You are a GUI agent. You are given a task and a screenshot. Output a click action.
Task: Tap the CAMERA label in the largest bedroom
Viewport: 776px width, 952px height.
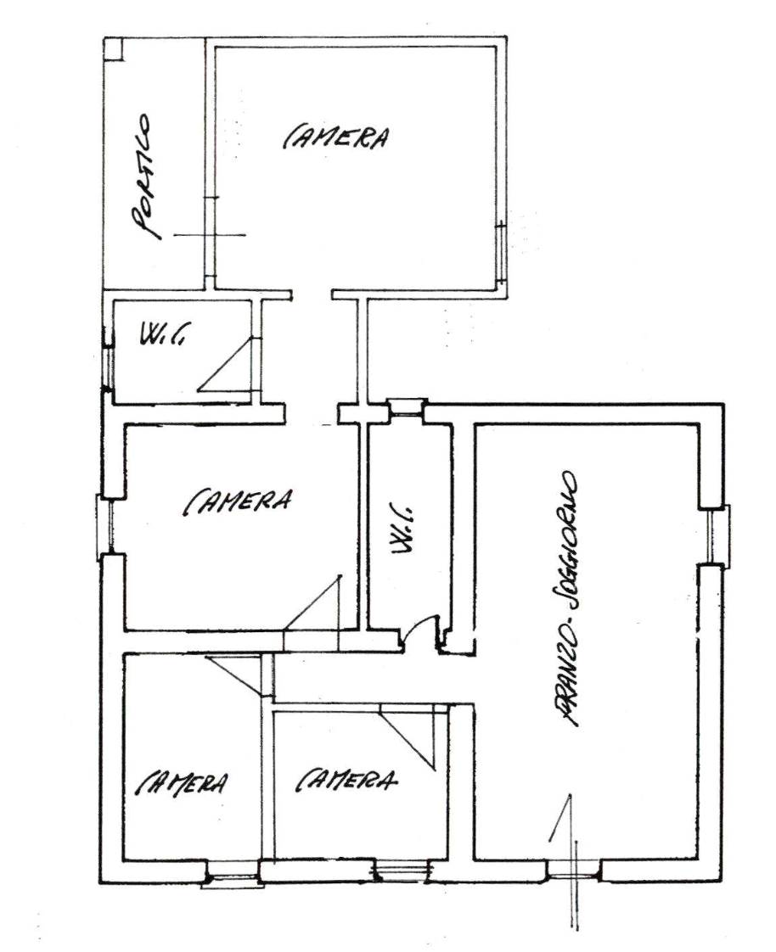(335, 137)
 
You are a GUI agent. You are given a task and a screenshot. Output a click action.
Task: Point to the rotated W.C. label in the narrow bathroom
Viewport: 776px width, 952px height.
(402, 528)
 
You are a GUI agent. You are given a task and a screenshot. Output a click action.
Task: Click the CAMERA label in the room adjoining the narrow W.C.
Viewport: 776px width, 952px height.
(238, 501)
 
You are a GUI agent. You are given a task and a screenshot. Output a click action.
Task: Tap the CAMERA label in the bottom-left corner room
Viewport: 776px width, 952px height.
(183, 783)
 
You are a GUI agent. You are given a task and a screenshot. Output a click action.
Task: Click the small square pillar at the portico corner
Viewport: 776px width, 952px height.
(113, 48)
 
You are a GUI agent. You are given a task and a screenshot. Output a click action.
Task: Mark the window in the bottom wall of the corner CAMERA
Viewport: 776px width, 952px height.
(233, 874)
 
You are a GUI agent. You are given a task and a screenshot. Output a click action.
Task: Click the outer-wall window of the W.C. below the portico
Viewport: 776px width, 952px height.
(108, 367)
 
